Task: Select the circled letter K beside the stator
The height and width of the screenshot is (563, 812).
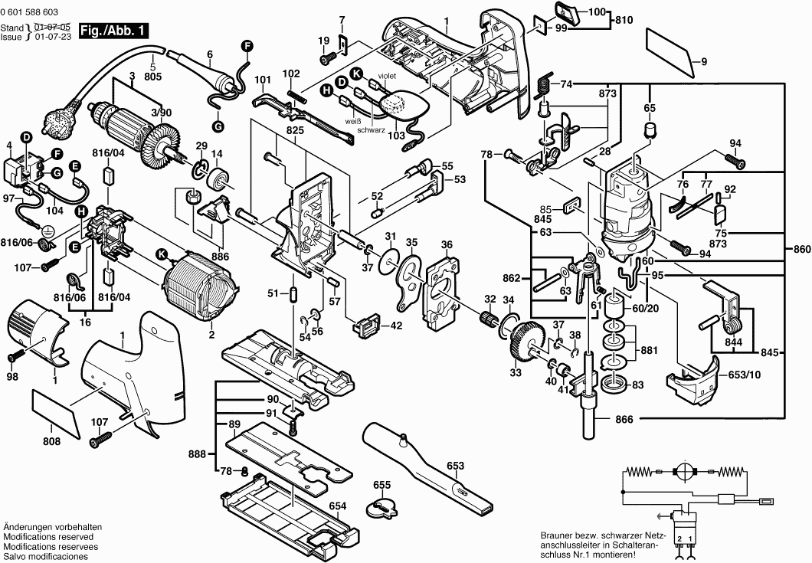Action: click(x=161, y=254)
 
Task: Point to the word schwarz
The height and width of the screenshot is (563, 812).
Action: click(x=368, y=129)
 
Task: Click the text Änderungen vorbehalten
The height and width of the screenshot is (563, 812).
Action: click(x=53, y=528)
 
